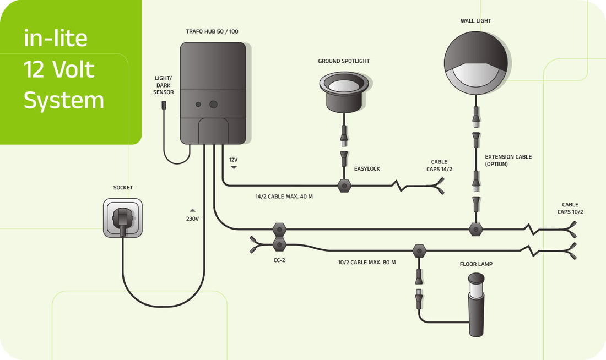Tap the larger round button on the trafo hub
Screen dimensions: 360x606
pyautogui.click(x=213, y=104)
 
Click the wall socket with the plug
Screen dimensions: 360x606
pyautogui.click(x=122, y=218)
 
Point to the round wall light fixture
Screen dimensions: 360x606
pyautogui.click(x=476, y=62)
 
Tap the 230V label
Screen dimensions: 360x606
pyautogui.click(x=192, y=219)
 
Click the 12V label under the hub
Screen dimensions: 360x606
pyautogui.click(x=234, y=159)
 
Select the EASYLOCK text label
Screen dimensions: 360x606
pyautogui.click(x=367, y=168)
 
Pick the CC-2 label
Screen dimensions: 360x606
pyautogui.click(x=279, y=260)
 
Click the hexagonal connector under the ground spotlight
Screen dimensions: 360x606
pyautogui.click(x=344, y=186)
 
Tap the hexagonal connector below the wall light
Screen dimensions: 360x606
pyautogui.click(x=475, y=229)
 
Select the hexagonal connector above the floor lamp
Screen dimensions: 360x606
pyautogui.click(x=419, y=252)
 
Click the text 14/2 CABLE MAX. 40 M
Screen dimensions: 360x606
pyautogui.click(x=284, y=197)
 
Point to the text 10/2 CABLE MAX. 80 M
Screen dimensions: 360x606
pyautogui.click(x=366, y=262)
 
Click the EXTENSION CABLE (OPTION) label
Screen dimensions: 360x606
pyautogui.click(x=508, y=160)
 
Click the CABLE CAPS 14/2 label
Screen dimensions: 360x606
pyautogui.click(x=439, y=166)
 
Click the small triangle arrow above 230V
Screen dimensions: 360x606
pyautogui.click(x=192, y=210)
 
